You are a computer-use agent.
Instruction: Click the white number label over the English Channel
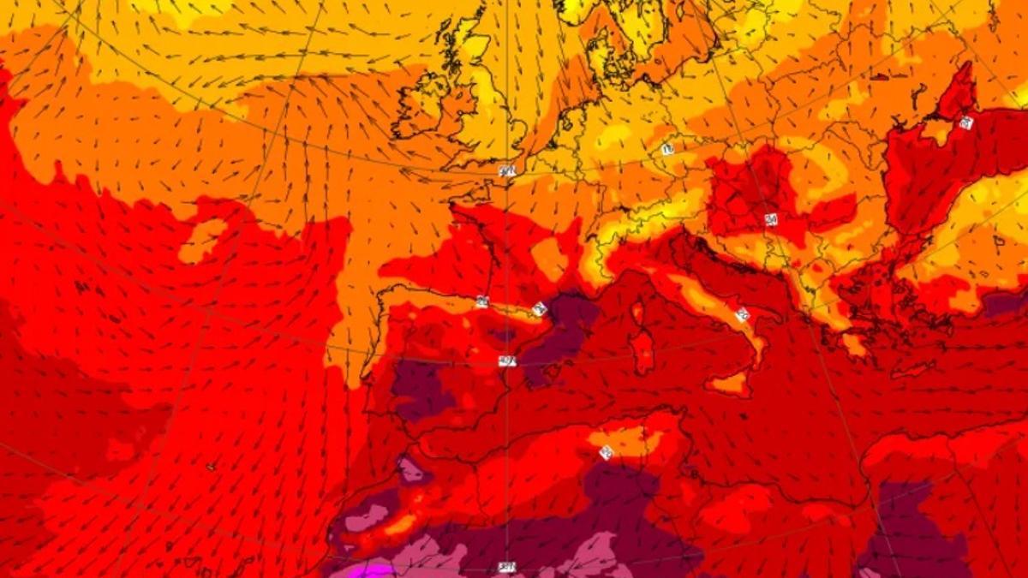506,171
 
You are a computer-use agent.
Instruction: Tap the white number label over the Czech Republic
667,149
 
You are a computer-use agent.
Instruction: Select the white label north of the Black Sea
965,122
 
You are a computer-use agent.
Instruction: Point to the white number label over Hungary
771,220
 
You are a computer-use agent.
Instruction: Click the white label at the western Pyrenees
481,301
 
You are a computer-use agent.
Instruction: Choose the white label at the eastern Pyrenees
539,308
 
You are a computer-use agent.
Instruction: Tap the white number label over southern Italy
742,314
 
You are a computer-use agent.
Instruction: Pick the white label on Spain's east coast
507,361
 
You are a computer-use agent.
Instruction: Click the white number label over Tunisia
606,452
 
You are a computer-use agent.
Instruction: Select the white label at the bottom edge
507,568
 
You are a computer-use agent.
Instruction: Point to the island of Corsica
637,312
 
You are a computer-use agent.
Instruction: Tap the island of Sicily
728,384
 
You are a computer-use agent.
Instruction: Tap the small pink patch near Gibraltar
410,469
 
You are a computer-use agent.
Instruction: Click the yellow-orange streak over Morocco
403,523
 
